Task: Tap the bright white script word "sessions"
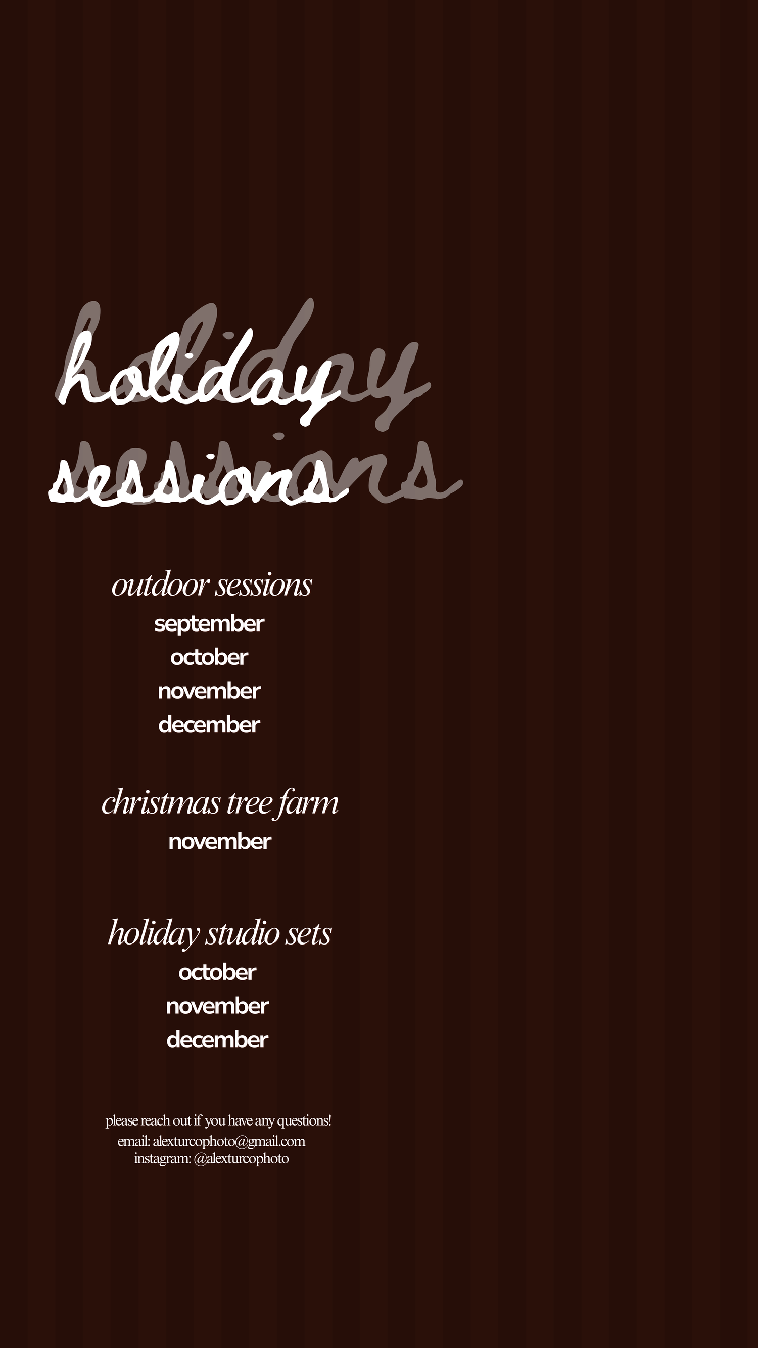click(199, 479)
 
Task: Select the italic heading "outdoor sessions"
click(212, 585)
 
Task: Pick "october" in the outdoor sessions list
click(209, 657)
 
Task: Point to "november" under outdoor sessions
click(209, 691)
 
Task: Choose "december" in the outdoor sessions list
click(209, 725)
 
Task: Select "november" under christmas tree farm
click(220, 842)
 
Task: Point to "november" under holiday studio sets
click(218, 1006)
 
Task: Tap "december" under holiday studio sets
click(218, 1040)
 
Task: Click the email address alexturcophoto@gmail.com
click(229, 1141)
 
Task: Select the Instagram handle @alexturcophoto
click(241, 1158)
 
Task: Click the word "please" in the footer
click(122, 1121)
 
